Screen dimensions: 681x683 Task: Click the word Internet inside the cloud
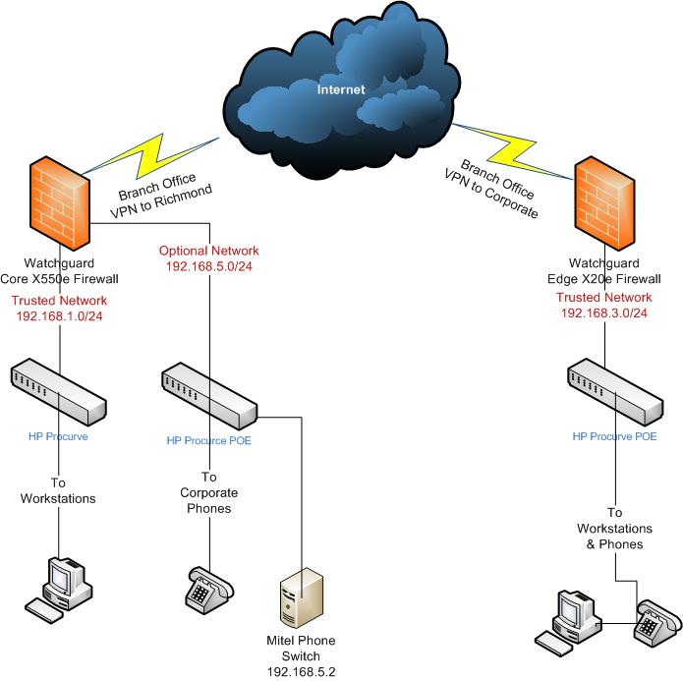coord(341,89)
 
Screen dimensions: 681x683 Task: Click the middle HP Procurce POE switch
coord(208,390)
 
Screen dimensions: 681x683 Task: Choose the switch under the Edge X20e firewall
coord(614,390)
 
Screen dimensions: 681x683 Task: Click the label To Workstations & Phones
coord(614,528)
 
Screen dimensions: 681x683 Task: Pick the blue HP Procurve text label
coord(59,435)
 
